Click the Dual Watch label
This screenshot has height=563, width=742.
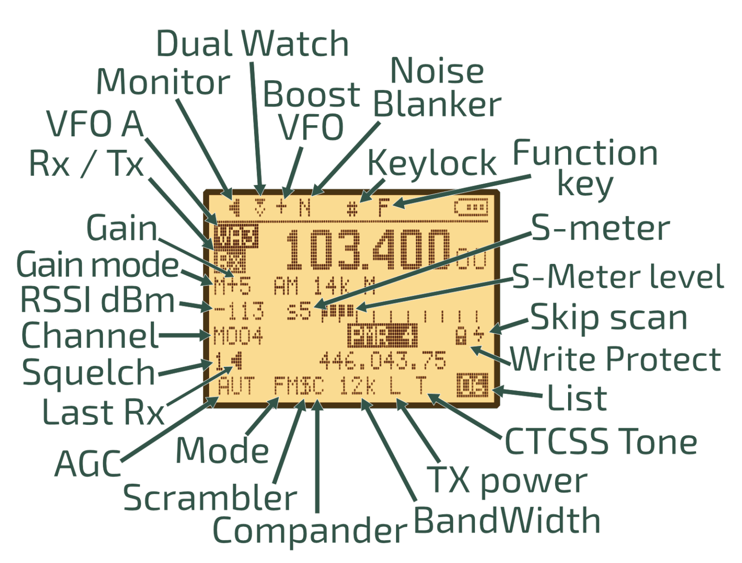[x=252, y=43]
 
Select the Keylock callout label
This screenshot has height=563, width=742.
[x=432, y=163]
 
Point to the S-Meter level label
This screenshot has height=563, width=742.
[x=618, y=277]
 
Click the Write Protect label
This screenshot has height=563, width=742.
[x=616, y=359]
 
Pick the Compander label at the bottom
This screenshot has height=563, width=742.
[x=310, y=530]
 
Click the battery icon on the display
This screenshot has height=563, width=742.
[x=471, y=208]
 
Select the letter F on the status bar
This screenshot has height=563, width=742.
[x=384, y=208]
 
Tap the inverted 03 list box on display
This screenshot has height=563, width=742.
[x=472, y=386]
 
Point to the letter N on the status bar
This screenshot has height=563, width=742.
[x=305, y=208]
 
